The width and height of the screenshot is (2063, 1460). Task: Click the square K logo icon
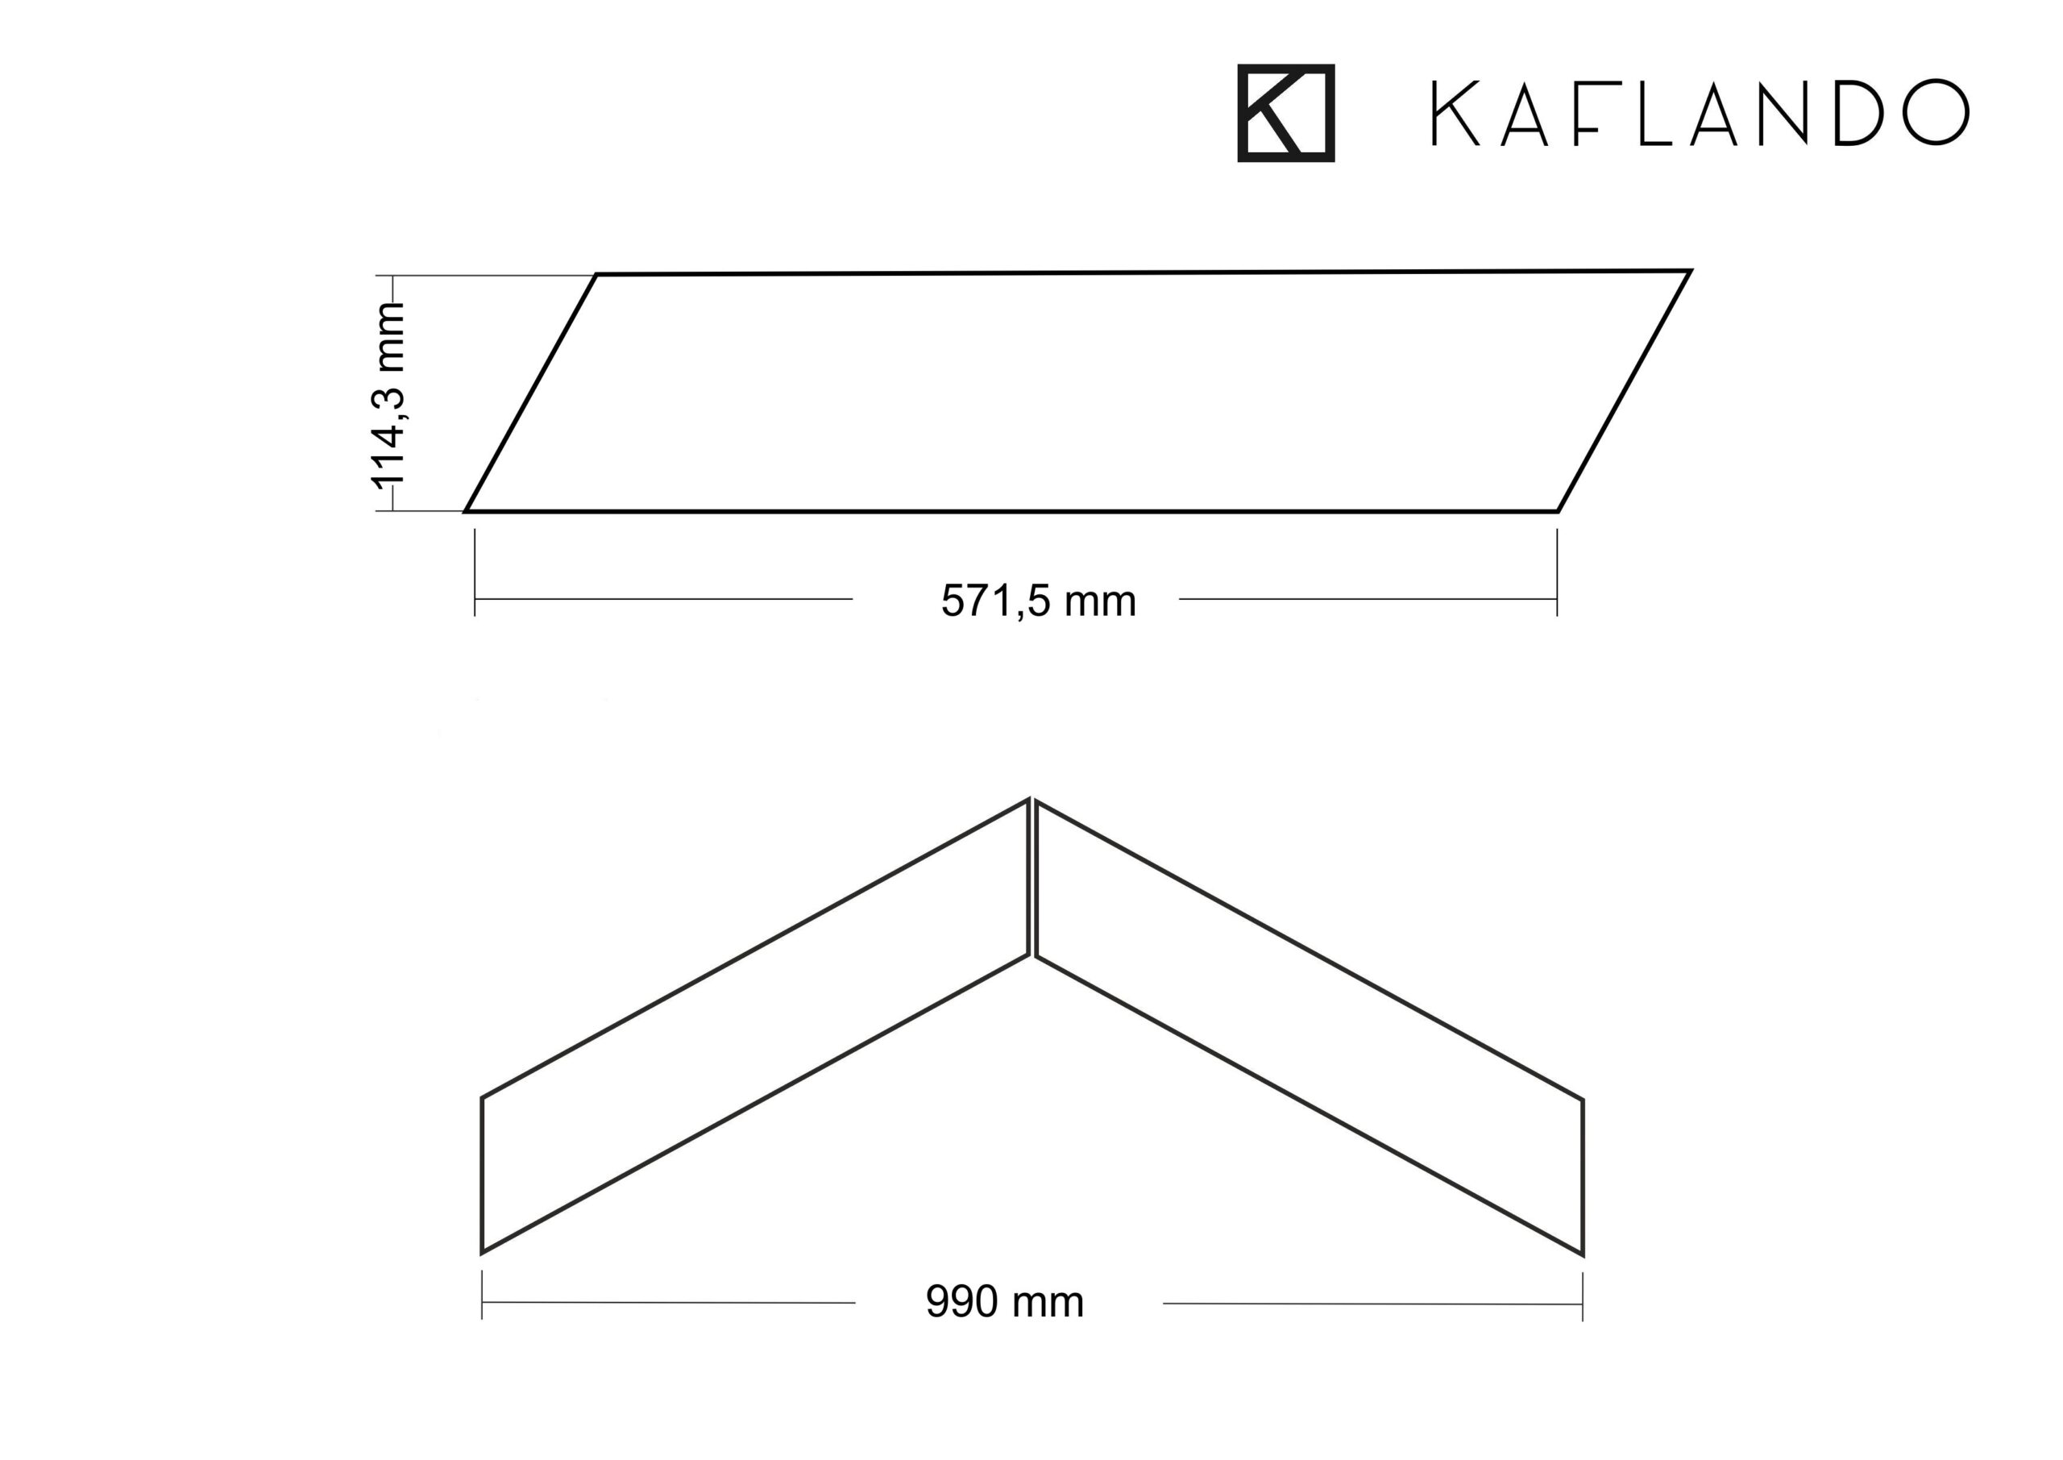tap(1286, 114)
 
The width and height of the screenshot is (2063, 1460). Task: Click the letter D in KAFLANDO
tap(1858, 112)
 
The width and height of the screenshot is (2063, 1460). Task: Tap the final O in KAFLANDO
tap(1936, 112)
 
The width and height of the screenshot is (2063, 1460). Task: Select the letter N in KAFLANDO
tap(1783, 112)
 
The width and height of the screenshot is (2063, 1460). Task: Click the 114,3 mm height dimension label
tap(388, 396)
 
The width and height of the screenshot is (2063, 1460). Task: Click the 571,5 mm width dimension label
tap(1039, 601)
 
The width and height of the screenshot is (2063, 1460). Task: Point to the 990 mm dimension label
tap(1005, 1303)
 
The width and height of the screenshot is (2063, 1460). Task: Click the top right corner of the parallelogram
tap(1690, 271)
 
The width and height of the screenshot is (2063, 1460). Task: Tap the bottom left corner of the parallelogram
tap(466, 510)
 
